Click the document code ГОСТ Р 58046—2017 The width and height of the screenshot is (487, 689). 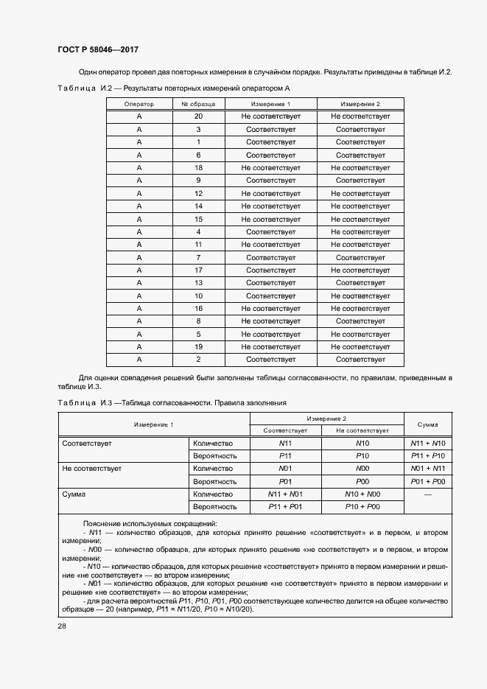(98, 49)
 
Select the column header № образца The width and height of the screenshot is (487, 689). (198, 104)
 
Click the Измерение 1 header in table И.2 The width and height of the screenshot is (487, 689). (270, 104)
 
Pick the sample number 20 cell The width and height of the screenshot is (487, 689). (198, 116)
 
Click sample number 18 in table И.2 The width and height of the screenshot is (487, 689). (198, 168)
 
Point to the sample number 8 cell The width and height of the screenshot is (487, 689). (198, 321)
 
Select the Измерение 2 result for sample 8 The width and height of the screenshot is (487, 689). (360, 321)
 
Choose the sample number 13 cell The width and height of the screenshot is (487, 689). (198, 283)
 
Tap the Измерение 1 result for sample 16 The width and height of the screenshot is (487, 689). (270, 309)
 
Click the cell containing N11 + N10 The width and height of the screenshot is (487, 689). (428, 444)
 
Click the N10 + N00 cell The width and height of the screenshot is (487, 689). (362, 494)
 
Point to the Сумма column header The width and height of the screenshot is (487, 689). (428, 424)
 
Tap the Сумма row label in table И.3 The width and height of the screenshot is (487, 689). (74, 494)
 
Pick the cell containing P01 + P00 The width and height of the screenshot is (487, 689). (428, 480)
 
